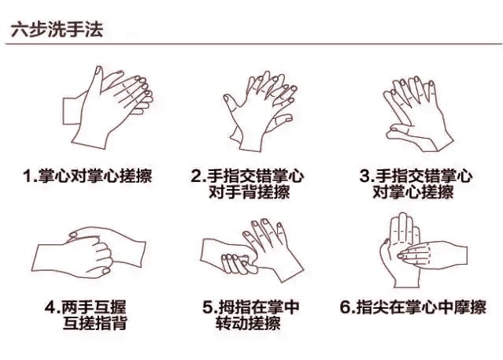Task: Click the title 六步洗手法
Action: [x=57, y=30]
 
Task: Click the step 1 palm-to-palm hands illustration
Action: [x=108, y=107]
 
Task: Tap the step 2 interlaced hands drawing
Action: [x=260, y=111]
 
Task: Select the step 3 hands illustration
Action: [x=418, y=113]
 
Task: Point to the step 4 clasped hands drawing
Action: [x=88, y=253]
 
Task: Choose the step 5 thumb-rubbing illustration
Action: [x=252, y=251]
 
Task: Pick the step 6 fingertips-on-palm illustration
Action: [x=423, y=251]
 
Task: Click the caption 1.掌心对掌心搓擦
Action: [x=87, y=176]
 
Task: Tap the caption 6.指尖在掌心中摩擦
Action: [x=413, y=306]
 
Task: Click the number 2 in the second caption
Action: [x=196, y=176]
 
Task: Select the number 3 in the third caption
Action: [x=365, y=176]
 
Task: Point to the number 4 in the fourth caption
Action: [x=50, y=307]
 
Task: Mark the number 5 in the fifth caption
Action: [x=208, y=307]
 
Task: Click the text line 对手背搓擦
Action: [x=250, y=191]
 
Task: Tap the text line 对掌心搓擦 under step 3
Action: [x=413, y=191]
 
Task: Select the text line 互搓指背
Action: [x=95, y=323]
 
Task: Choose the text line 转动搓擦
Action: [x=248, y=323]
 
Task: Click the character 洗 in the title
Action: [x=57, y=30]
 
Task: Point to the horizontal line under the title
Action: [x=253, y=43]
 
